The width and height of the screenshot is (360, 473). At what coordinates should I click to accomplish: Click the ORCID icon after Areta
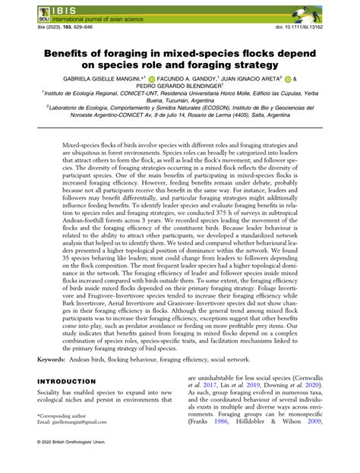pos(288,77)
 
